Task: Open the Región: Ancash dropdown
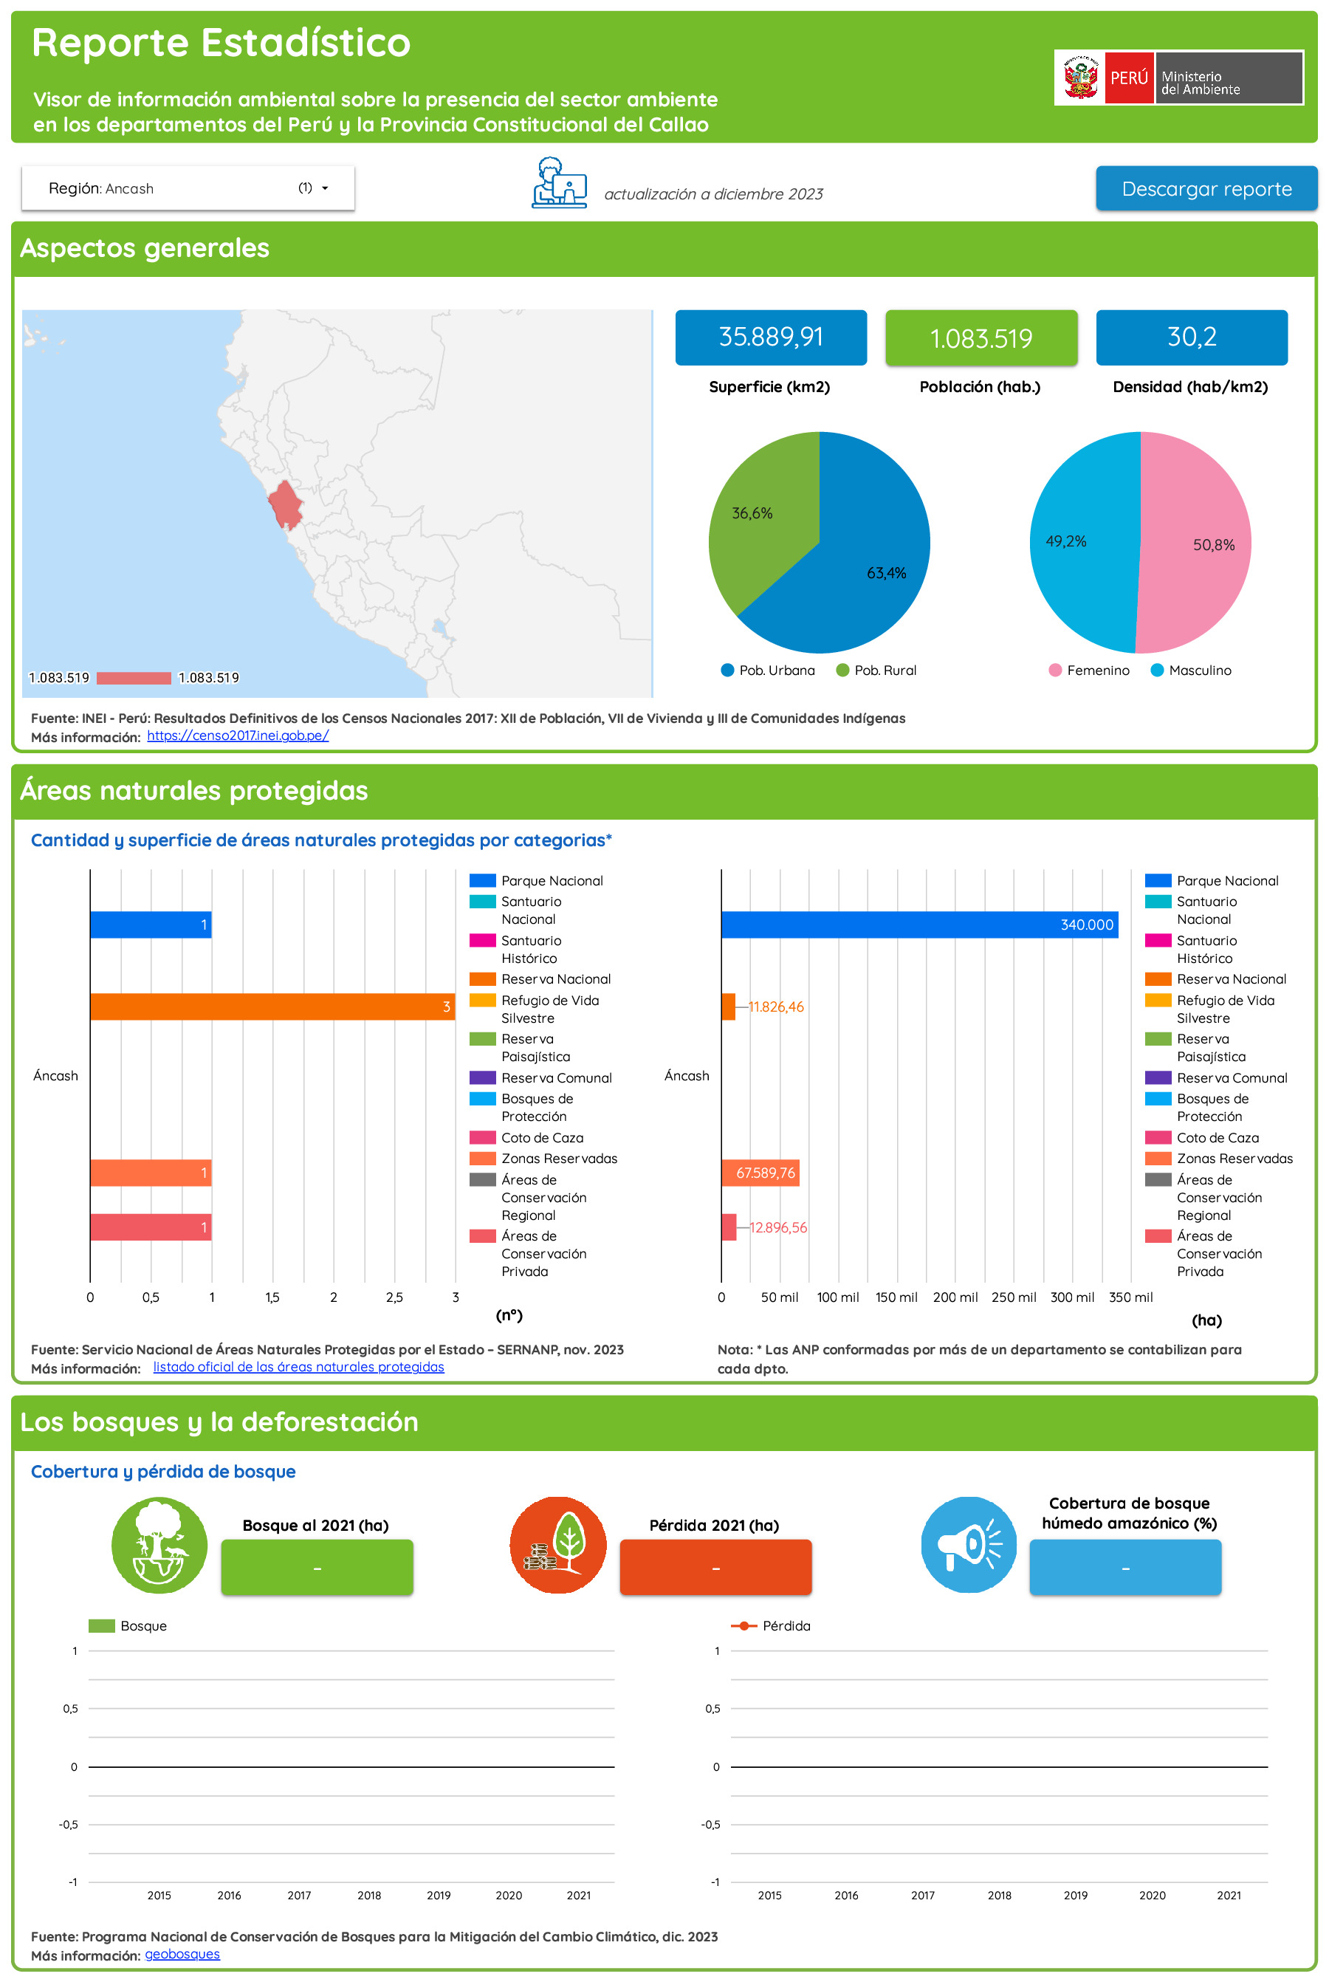click(188, 188)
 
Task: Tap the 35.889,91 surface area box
click(770, 337)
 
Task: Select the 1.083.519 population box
click(981, 338)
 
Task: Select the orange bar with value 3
click(271, 1007)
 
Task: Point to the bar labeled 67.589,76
click(760, 1173)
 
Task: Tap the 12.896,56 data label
click(777, 1227)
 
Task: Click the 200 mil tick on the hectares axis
click(955, 1297)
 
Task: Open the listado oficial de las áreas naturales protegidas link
click(298, 1367)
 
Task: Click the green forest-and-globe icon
click(159, 1545)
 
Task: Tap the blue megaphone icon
click(968, 1545)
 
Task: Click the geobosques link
click(182, 1954)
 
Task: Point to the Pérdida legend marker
click(744, 1626)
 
